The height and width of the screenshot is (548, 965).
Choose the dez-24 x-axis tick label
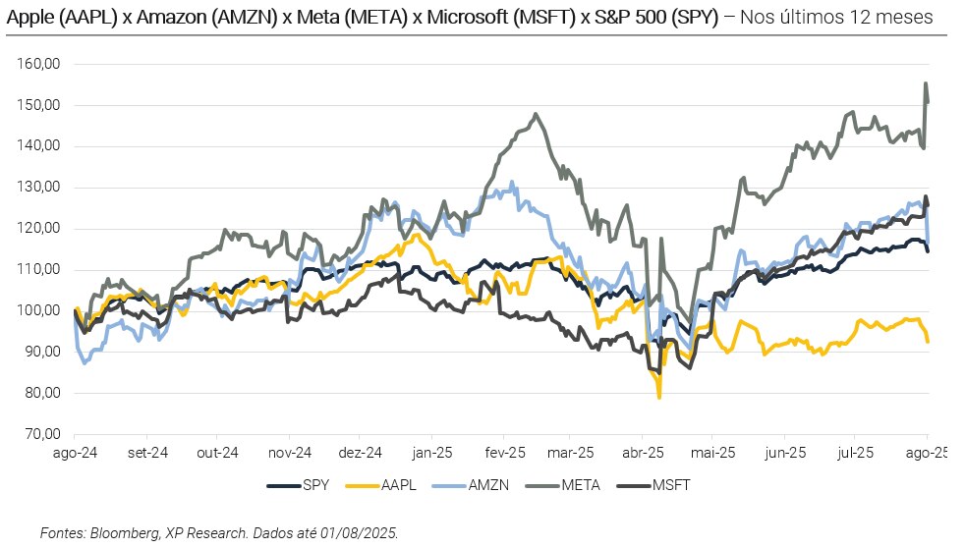pos(361,453)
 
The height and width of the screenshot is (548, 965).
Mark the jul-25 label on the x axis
pos(856,453)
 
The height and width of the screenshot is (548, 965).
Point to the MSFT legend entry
pos(671,485)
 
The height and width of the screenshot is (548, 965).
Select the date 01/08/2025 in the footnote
pos(361,532)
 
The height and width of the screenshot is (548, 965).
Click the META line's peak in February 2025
pos(536,114)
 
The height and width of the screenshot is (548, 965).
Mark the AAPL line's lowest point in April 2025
pos(659,397)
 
